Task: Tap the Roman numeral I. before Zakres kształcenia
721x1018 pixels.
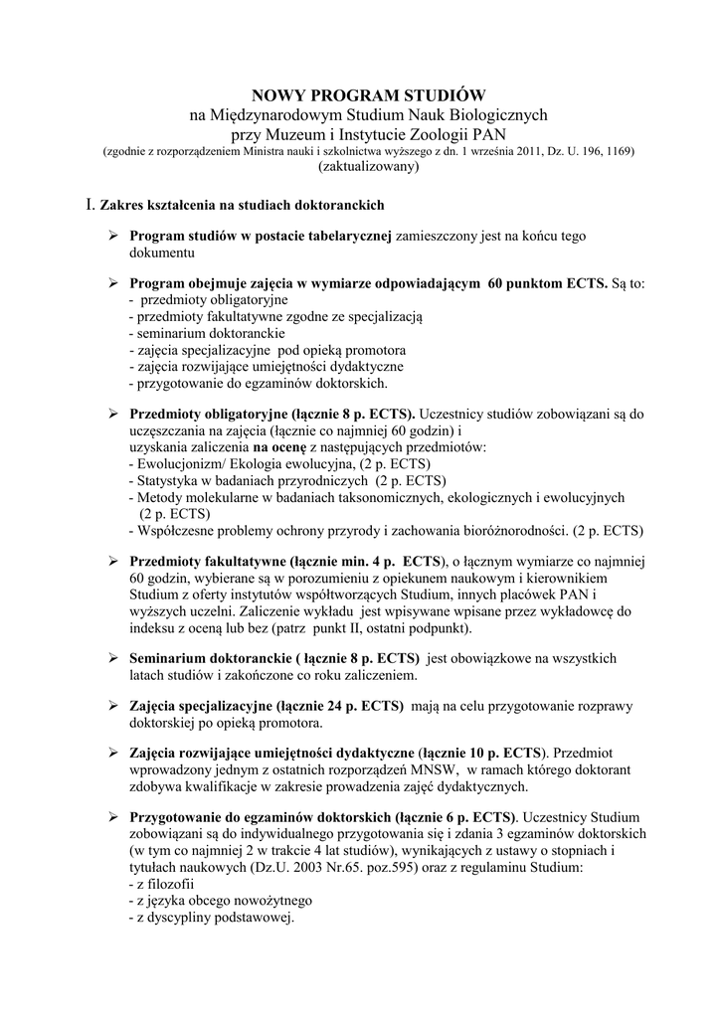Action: [x=91, y=205]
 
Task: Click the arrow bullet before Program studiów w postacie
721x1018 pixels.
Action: [x=113, y=237]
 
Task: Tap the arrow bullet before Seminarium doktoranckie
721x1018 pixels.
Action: [x=113, y=658]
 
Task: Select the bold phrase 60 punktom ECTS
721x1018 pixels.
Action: [x=548, y=283]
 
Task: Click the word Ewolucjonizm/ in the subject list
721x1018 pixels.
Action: [x=185, y=464]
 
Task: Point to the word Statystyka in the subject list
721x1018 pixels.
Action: [x=170, y=480]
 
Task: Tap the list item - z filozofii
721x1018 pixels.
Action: [x=161, y=883]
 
